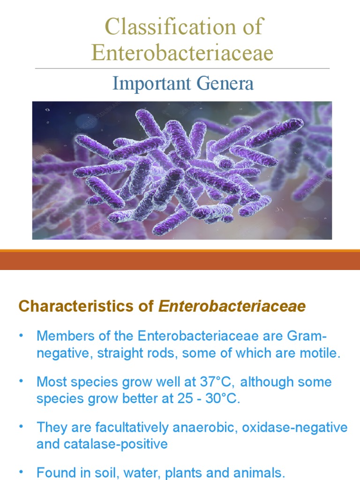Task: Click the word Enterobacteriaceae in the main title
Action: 182,52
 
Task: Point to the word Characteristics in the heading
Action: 62,307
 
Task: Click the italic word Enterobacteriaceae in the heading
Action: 232,307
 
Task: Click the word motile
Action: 321,352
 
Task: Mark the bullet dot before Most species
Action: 21,382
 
